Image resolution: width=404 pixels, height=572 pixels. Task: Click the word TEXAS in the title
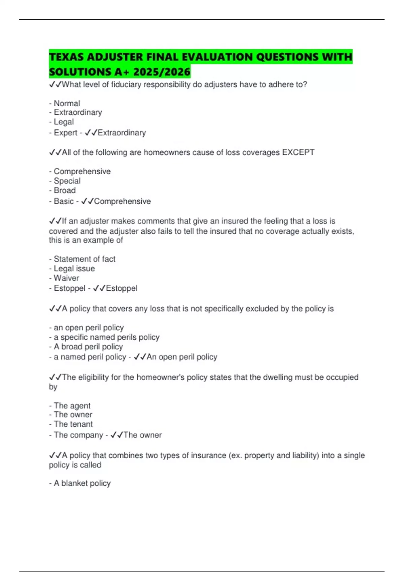click(x=66, y=57)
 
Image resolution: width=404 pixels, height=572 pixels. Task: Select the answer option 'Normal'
click(x=67, y=103)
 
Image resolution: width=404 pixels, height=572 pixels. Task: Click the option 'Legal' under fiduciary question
click(x=64, y=122)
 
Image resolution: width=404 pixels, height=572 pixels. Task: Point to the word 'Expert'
click(x=65, y=133)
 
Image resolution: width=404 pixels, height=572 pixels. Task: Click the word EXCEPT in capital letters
click(x=298, y=152)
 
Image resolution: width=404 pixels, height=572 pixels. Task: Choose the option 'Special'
click(x=67, y=181)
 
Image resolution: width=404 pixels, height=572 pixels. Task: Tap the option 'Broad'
click(x=65, y=190)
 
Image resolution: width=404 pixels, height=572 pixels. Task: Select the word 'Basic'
click(x=64, y=201)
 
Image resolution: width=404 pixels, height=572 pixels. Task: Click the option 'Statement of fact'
click(x=85, y=259)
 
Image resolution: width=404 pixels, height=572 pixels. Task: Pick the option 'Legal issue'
click(x=74, y=269)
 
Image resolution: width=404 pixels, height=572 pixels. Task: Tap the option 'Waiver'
click(x=66, y=278)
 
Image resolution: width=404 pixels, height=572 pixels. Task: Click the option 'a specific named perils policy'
click(x=106, y=337)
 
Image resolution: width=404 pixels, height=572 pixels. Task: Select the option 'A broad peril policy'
click(x=88, y=347)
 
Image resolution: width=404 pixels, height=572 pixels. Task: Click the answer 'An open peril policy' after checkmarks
click(x=182, y=357)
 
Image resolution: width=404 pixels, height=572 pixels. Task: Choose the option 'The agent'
click(x=72, y=406)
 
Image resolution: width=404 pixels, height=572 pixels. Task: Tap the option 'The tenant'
click(x=73, y=424)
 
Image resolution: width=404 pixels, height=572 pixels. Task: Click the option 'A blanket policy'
click(x=82, y=483)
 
